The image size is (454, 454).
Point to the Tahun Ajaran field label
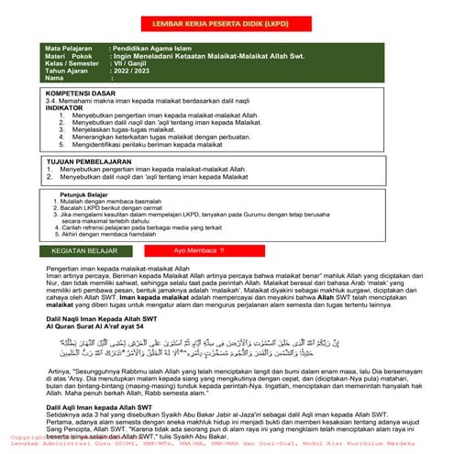point(70,71)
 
